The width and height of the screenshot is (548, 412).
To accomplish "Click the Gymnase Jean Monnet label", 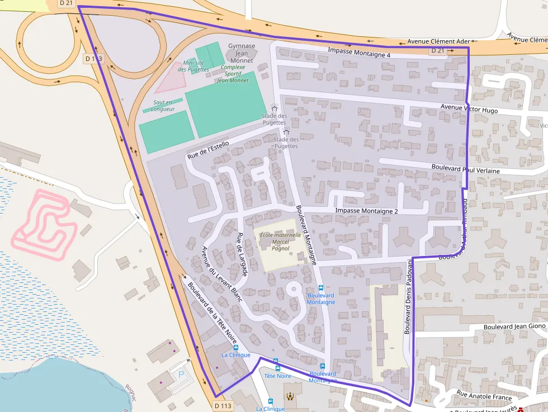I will [242, 53].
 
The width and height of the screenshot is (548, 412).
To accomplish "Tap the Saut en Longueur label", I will [163, 106].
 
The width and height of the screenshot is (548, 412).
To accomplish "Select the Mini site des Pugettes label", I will [193, 66].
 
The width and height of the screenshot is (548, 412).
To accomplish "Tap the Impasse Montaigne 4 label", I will [359, 53].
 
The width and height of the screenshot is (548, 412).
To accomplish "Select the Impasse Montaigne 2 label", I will [366, 211].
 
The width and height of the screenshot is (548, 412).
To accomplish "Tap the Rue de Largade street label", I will [242, 254].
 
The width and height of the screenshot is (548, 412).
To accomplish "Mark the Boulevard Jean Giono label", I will [514, 326].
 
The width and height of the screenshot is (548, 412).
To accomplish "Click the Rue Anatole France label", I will [484, 396].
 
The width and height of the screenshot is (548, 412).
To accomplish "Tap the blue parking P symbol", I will [180, 373].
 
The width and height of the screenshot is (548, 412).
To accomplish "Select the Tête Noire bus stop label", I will [277, 376].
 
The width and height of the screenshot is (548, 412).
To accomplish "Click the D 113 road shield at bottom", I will [223, 406].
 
